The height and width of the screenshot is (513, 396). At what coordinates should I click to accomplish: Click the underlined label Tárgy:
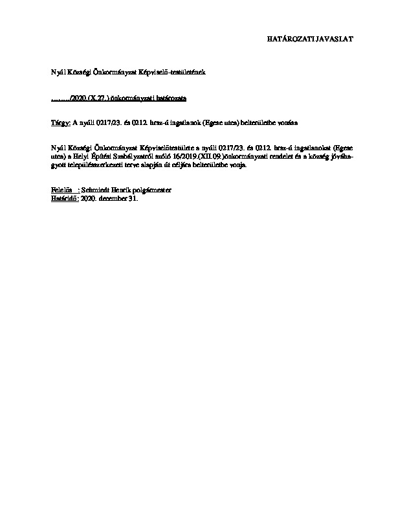pos(60,122)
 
